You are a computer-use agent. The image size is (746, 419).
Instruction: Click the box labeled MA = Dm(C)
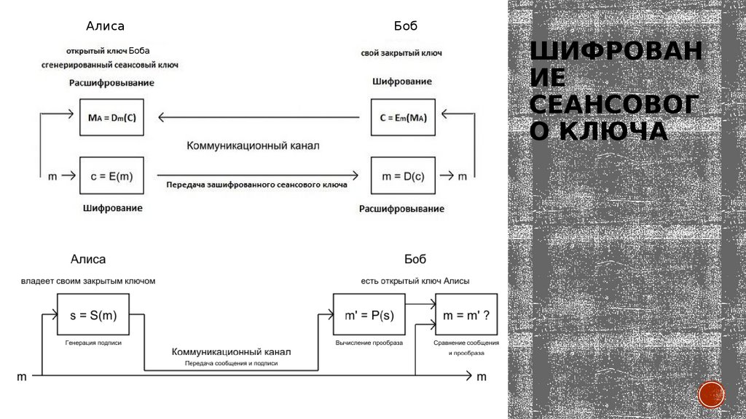111,116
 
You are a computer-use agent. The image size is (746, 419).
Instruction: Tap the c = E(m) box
111,175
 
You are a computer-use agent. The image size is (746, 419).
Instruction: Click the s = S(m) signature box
93,314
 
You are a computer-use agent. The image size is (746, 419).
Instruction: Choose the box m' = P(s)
369,314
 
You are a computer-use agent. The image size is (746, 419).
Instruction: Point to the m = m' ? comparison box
466,314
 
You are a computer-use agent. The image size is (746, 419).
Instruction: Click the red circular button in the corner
711,394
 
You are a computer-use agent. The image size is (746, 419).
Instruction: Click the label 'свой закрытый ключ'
401,54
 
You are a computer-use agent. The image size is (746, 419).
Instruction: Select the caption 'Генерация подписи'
93,342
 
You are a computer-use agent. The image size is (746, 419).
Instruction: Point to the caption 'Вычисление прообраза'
369,342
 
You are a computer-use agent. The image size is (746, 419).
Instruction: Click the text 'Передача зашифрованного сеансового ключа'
256,185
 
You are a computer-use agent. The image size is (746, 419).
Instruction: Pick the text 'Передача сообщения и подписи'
231,362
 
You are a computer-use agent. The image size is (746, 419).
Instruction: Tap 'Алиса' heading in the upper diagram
106,26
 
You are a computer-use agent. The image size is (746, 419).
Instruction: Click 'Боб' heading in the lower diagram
415,259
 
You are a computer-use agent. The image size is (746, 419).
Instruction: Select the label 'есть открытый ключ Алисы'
415,281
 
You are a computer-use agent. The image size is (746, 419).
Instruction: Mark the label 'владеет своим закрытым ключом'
88,281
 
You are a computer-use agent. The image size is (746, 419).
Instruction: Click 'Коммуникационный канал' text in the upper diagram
253,146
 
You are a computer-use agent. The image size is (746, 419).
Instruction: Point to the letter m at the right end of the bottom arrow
481,377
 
